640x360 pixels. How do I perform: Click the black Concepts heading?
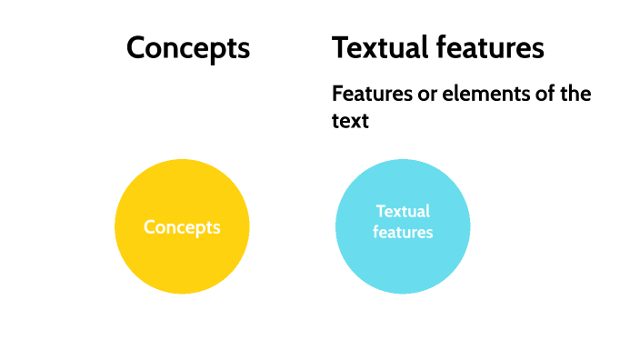(x=188, y=48)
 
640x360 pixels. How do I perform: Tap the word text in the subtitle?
(x=350, y=120)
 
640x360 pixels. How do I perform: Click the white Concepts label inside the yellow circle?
(x=182, y=227)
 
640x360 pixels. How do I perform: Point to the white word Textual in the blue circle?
(x=403, y=212)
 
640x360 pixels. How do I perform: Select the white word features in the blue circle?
(x=403, y=233)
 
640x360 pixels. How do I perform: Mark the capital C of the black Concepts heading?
(x=136, y=48)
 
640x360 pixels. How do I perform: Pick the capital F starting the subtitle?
(x=337, y=94)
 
